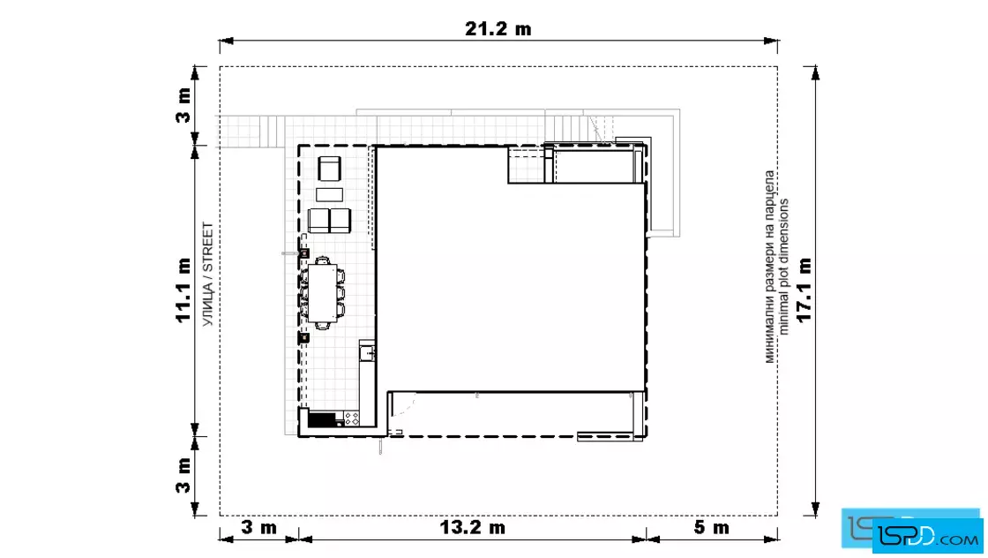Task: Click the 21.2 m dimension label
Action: click(x=498, y=29)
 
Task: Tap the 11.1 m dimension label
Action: click(x=183, y=290)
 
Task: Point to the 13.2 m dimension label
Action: click(x=472, y=527)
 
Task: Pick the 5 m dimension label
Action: click(x=711, y=527)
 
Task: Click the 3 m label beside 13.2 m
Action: click(x=259, y=527)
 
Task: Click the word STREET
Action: click(x=208, y=248)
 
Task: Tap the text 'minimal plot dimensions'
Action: click(x=783, y=267)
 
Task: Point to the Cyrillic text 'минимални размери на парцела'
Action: click(x=770, y=267)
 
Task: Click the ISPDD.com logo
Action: click(x=912, y=531)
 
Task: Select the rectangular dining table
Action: click(x=322, y=293)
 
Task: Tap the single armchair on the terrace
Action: click(x=330, y=169)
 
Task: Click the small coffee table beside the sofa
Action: click(x=330, y=194)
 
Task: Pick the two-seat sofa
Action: click(x=329, y=221)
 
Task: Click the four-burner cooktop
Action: click(x=351, y=418)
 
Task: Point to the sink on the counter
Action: click(x=367, y=352)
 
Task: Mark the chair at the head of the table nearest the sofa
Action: click(x=322, y=260)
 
